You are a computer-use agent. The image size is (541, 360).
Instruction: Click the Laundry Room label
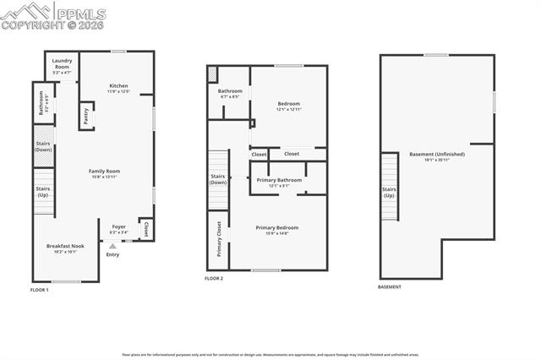tap(63, 63)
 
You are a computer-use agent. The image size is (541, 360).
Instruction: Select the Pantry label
tap(85, 114)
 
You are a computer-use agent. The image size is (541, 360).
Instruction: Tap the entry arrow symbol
tap(112, 246)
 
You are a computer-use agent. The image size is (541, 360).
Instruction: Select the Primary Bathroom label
tap(279, 182)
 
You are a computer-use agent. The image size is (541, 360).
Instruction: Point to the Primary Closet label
tap(219, 237)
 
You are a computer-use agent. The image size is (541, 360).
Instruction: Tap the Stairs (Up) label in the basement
tap(389, 192)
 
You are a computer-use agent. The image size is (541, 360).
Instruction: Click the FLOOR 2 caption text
tap(214, 278)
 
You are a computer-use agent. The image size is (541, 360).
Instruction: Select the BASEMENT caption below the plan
tap(390, 287)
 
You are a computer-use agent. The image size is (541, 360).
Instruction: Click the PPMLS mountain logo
tap(27, 12)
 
